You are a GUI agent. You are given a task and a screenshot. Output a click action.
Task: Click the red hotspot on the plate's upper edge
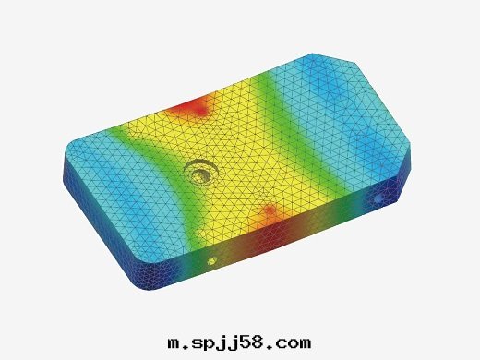pyautogui.click(x=194, y=106)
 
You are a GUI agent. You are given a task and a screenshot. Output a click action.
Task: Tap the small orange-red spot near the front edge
pyautogui.click(x=270, y=210)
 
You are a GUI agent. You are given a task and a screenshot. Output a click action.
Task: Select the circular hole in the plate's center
pyautogui.click(x=201, y=172)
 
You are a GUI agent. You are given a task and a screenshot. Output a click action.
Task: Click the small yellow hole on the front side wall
pyautogui.click(x=212, y=261)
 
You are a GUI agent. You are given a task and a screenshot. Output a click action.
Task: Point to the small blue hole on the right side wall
pyautogui.click(x=378, y=198)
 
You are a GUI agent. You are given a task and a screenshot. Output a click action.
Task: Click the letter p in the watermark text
pyautogui.click(x=212, y=345)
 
